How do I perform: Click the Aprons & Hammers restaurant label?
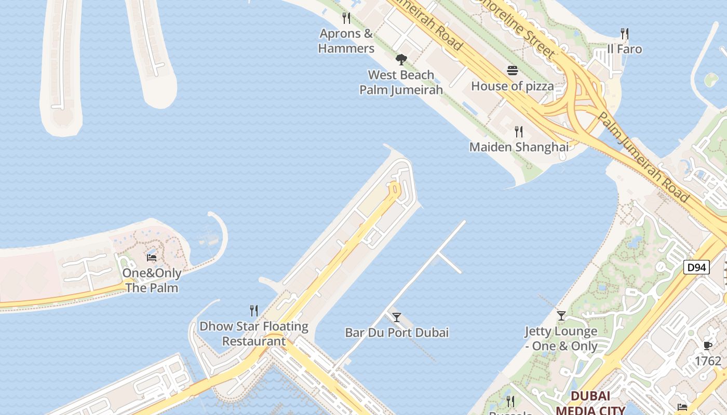(x=346, y=41)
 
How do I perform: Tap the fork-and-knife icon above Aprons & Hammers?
(x=346, y=18)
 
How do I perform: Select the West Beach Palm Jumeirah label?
(x=401, y=82)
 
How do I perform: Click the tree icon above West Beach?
(x=401, y=59)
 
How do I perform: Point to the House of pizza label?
(x=512, y=86)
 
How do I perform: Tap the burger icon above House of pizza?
(x=513, y=71)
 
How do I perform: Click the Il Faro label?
(x=625, y=49)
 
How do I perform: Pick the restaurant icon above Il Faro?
(x=625, y=34)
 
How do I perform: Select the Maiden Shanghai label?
(x=519, y=147)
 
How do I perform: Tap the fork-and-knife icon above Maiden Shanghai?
(x=519, y=131)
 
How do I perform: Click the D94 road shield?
(x=696, y=268)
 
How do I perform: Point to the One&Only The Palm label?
(x=152, y=280)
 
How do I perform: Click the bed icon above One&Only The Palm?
(x=152, y=257)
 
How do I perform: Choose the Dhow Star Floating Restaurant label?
(x=254, y=334)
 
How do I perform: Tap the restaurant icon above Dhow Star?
(x=254, y=311)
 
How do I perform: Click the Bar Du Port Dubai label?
(x=397, y=333)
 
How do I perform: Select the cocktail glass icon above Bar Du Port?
(x=397, y=317)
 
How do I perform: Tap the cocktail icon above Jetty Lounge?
(x=561, y=315)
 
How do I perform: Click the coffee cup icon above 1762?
(x=708, y=345)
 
